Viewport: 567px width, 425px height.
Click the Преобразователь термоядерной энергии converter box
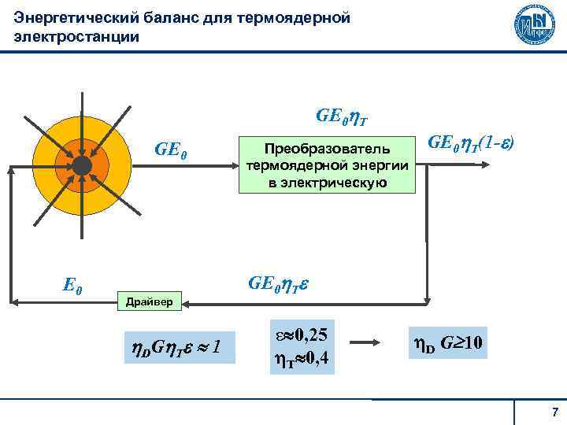point(325,166)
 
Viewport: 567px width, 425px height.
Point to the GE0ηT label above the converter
point(343,117)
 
